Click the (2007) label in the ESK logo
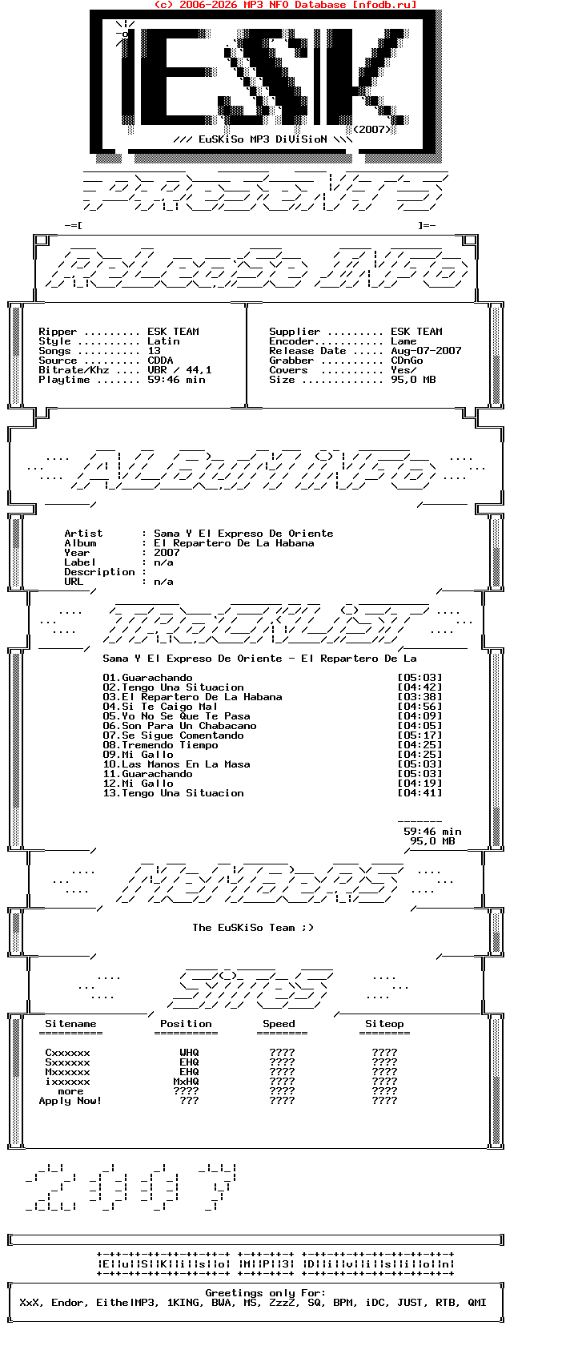pyautogui.click(x=371, y=129)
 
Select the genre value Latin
pyautogui.click(x=163, y=341)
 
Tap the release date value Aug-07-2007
pyautogui.click(x=426, y=351)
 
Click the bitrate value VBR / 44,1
pyautogui.click(x=179, y=370)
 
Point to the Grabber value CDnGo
pyautogui.click(x=407, y=361)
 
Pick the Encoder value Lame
pyautogui.click(x=403, y=341)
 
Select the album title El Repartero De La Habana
pyautogui.click(x=234, y=543)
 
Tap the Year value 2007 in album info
pyautogui.click(x=167, y=553)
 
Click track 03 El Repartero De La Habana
pyautogui.click(x=192, y=697)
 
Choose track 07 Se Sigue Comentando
pyautogui.click(x=173, y=735)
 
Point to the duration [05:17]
pyautogui.click(x=419, y=735)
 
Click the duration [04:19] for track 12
pyautogui.click(x=419, y=784)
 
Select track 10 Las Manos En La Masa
pyautogui.click(x=176, y=764)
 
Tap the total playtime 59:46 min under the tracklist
pyautogui.click(x=432, y=832)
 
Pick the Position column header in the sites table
pyautogui.click(x=186, y=1024)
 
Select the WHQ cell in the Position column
pyautogui.click(x=189, y=1053)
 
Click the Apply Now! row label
pyautogui.click(x=70, y=1101)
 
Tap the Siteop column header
pyautogui.click(x=384, y=1024)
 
